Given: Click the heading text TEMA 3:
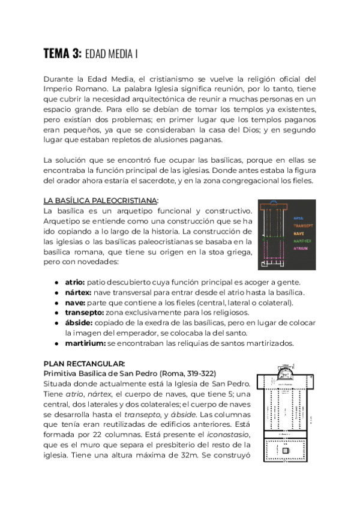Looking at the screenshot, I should coord(62,54).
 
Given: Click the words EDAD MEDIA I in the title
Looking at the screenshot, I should coord(112,55).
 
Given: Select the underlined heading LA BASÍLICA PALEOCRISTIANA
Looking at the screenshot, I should coord(101,200).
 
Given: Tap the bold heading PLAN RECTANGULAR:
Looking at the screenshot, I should coord(84,364).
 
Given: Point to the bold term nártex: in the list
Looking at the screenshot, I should coord(79,292).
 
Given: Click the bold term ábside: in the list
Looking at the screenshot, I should coord(79,323).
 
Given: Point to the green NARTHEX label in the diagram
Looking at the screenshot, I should coord(301,241).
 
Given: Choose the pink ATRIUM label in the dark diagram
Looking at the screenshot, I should coord(300,248).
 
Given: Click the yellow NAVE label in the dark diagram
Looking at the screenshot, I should coord(298,233).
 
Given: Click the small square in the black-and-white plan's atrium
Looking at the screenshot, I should coord(286,450).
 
